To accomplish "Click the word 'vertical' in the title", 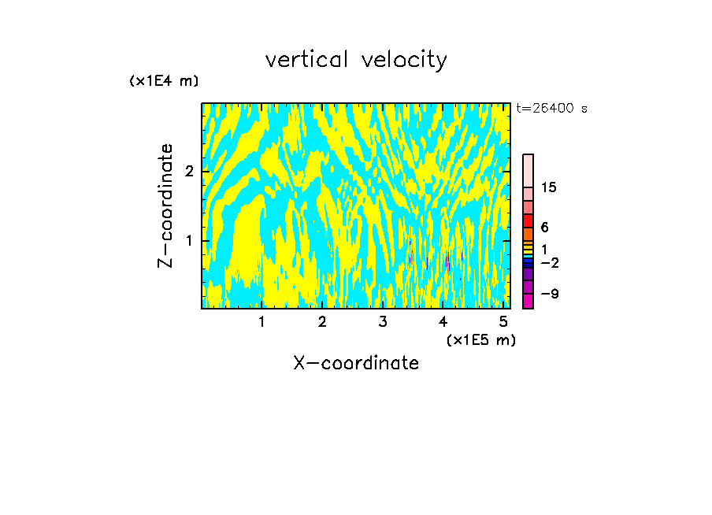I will [x=308, y=60].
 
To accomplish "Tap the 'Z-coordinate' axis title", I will [x=165, y=206].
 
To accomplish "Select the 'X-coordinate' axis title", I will [x=356, y=363].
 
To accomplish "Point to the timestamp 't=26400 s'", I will [x=552, y=109].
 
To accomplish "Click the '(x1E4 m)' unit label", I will [x=164, y=81].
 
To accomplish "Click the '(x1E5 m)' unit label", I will [x=481, y=339].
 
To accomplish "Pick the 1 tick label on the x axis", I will [x=261, y=322].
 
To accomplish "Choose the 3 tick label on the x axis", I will [x=383, y=322].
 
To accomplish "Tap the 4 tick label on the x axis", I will [x=443, y=322].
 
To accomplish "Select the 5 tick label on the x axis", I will [x=503, y=322].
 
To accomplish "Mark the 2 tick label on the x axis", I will [x=322, y=322].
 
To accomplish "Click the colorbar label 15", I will [x=549, y=187].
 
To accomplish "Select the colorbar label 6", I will [x=544, y=227].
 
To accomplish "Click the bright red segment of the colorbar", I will [x=528, y=220].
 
